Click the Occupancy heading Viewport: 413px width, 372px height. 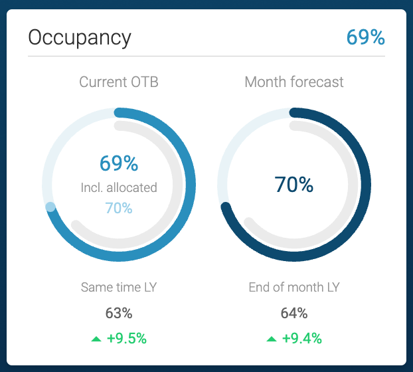tap(80, 37)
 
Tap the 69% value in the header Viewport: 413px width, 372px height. tap(365, 37)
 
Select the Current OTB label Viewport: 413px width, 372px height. tap(119, 82)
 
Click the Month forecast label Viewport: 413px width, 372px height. tap(294, 82)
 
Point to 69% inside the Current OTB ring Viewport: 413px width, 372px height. tap(119, 163)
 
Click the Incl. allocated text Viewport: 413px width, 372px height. tap(119, 187)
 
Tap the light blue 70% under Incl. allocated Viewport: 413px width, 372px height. tap(119, 208)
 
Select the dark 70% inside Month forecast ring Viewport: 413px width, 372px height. tap(294, 185)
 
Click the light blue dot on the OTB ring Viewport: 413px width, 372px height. tap(50, 207)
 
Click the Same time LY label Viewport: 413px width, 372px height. tap(119, 288)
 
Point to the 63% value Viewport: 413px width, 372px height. tap(119, 313)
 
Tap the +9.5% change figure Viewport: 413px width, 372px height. tap(126, 338)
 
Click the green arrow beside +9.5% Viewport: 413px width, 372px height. tap(96, 339)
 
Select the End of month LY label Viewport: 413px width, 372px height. tap(294, 288)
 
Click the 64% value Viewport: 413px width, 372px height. tap(294, 313)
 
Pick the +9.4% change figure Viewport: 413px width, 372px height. tap(301, 338)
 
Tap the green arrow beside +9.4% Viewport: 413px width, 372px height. tap(272, 339)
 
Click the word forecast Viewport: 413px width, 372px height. tap(317, 82)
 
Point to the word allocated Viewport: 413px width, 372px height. tap(133, 187)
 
